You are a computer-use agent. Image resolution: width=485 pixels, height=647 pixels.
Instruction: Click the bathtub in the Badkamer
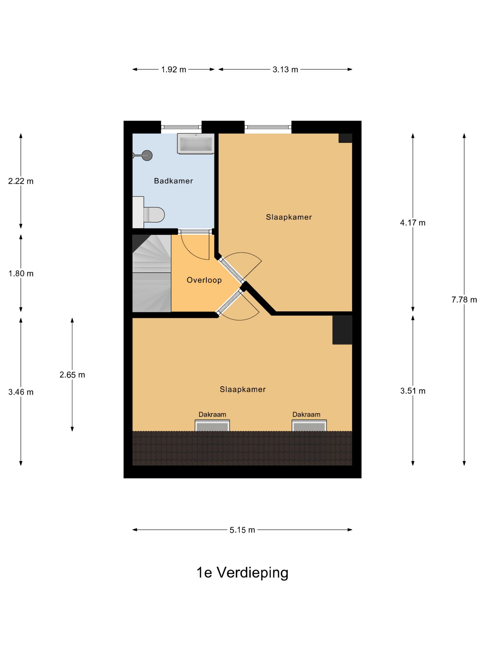point(196,143)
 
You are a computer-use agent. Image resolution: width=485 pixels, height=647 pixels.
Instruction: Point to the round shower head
point(147,155)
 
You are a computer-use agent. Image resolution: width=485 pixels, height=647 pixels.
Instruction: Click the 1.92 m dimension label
point(174,69)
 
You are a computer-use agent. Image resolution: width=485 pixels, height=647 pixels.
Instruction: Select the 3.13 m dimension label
point(285,69)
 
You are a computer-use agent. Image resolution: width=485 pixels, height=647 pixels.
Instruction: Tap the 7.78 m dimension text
point(464,299)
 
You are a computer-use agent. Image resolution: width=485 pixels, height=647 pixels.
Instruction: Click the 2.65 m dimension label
point(72,375)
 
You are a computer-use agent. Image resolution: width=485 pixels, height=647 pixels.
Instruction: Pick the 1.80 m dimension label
point(21,274)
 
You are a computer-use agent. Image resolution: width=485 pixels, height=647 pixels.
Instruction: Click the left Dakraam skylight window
point(212,426)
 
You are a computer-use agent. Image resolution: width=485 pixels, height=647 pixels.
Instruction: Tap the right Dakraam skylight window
point(309,426)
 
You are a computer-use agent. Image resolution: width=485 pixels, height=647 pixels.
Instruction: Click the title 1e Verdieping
point(242,572)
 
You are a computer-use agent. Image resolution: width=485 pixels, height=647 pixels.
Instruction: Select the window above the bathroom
point(181,127)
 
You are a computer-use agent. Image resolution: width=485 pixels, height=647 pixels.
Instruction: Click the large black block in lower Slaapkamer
point(342,330)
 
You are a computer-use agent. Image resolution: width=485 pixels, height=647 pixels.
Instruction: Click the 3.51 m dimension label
point(412,391)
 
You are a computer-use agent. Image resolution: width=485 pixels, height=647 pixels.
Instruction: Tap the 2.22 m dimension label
point(21,181)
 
